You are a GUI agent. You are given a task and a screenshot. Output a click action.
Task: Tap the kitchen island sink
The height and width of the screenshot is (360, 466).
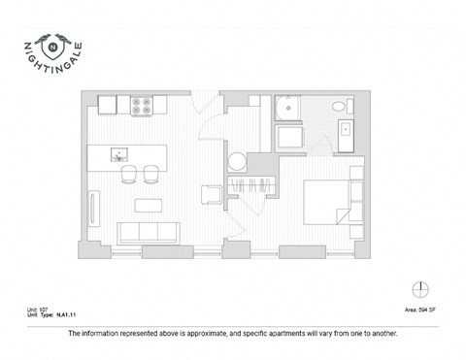[x=119, y=153]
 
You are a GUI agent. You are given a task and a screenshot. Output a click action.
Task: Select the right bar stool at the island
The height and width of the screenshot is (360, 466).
[x=150, y=175]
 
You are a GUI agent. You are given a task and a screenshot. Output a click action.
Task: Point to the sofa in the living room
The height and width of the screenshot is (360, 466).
[x=148, y=233]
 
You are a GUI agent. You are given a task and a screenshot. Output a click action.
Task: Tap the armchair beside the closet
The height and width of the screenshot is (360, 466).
[x=212, y=194]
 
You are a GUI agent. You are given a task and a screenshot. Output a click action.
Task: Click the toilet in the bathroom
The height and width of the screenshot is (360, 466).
[x=337, y=107]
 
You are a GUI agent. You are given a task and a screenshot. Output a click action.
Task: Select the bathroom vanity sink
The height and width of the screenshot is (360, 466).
[x=346, y=128]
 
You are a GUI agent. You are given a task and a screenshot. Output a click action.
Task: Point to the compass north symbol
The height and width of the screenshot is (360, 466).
[x=418, y=288]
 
